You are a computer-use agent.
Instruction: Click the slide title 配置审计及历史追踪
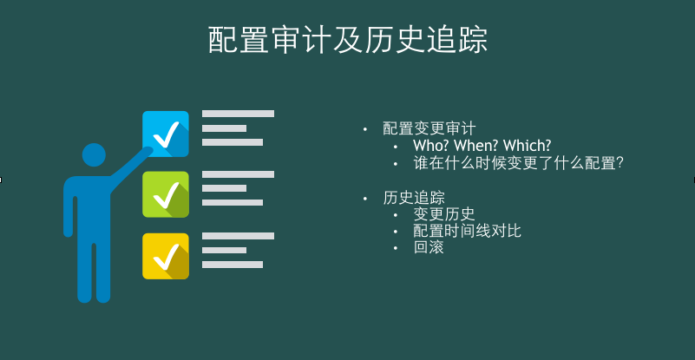(347, 40)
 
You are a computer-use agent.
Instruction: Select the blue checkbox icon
(165, 134)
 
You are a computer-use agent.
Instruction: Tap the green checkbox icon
(165, 194)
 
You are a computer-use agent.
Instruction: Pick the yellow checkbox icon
(165, 255)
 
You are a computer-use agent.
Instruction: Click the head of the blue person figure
(94, 155)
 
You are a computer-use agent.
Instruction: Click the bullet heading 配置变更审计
(429, 128)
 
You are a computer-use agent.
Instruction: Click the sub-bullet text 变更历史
(443, 214)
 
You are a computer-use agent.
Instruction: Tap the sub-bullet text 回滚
(428, 247)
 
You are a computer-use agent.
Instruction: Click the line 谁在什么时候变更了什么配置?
(519, 163)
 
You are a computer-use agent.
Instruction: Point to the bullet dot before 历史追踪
(365, 198)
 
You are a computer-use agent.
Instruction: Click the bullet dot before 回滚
(396, 248)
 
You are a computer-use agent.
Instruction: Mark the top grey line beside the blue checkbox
(238, 114)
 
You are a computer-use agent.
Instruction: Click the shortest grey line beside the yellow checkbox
(224, 250)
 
